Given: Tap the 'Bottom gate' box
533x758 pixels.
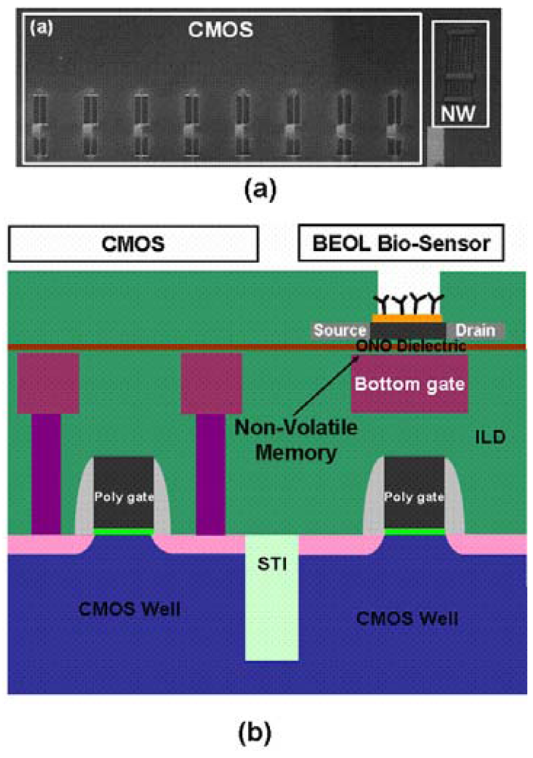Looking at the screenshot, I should pyautogui.click(x=409, y=384).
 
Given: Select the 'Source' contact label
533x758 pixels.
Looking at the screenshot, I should pyautogui.click(x=340, y=330).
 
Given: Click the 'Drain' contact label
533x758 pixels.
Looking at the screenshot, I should pyautogui.click(x=476, y=330).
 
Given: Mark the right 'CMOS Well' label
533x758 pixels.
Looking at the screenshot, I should pyautogui.click(x=409, y=618).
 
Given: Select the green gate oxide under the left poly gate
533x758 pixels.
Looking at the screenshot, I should pyautogui.click(x=122, y=532).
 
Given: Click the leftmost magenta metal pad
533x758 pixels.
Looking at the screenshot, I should pyautogui.click(x=48, y=384).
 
